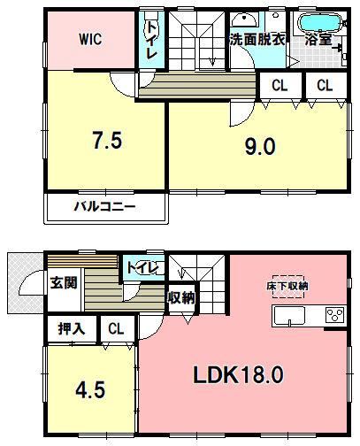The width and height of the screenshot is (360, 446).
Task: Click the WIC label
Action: tap(90, 39)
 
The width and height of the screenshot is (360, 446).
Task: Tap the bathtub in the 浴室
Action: tap(320, 23)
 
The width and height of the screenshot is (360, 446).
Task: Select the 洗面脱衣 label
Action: tap(257, 39)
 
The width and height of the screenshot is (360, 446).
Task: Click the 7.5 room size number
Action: tap(107, 140)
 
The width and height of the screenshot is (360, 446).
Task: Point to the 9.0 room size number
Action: tap(260, 147)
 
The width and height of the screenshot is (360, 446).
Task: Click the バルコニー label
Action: tap(104, 206)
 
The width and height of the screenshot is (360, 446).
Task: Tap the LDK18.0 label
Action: tap(238, 374)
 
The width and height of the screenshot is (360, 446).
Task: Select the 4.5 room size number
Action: tap(90, 390)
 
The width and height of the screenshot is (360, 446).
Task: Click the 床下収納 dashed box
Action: tap(288, 287)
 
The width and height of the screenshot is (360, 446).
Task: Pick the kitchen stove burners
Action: tap(335, 315)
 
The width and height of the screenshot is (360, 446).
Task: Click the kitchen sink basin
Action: tap(289, 316)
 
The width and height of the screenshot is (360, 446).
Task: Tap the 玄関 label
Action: tap(64, 282)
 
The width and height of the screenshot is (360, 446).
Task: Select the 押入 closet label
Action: tap(72, 328)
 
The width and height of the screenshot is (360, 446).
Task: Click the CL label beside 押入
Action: tap(116, 328)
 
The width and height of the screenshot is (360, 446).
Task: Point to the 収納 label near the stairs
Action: tap(181, 298)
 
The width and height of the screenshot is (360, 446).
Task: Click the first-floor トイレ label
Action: tap(142, 268)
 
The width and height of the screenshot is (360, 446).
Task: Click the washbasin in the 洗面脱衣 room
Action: tap(244, 19)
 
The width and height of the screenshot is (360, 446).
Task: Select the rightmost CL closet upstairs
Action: tap(325, 86)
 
